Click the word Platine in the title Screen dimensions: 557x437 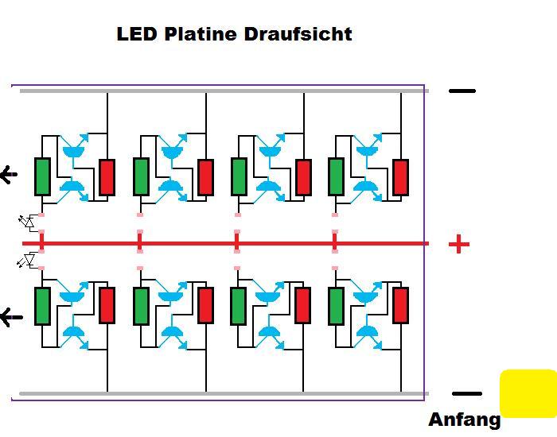pos(201,34)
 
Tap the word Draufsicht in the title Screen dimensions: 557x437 pos(298,34)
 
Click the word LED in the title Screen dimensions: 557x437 pos(137,34)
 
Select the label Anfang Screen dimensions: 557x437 pos(464,420)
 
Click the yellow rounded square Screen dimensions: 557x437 pos(528,393)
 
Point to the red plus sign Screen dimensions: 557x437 pos(459,244)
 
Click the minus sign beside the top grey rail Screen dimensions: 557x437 pos(462,91)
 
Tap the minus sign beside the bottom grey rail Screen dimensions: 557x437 pos(467,393)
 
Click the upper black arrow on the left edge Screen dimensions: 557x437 pos(9,175)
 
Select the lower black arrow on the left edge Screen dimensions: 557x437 pos(11,317)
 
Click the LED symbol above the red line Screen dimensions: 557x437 pos(27,222)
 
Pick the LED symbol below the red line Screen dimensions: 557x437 pos(26,261)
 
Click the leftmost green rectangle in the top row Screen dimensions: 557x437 pos(42,176)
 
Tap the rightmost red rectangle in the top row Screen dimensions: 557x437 pos(400,177)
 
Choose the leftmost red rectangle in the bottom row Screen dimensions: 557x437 pos(107,305)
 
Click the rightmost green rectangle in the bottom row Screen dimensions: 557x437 pos(336,306)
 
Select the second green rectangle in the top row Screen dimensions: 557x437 pos(141,176)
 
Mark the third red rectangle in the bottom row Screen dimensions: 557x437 pos(302,305)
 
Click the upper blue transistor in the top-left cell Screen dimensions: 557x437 pos(74,148)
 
